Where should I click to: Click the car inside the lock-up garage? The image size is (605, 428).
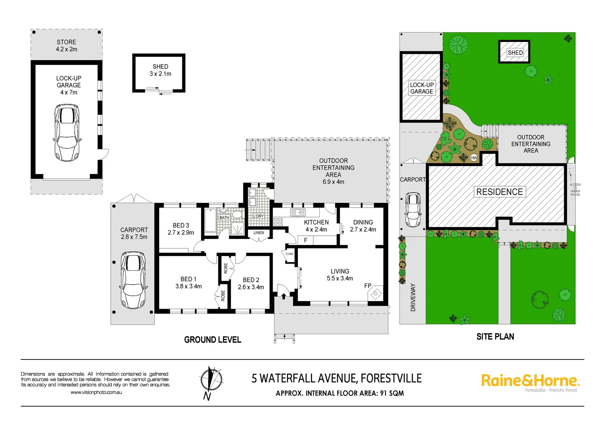[67, 132]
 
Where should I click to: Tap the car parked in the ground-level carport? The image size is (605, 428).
[133, 280]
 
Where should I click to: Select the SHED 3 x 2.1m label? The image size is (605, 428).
[160, 70]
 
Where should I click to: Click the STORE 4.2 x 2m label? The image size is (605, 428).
[66, 46]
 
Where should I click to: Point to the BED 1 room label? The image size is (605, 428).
[188, 283]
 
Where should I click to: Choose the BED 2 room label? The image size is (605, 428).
[251, 283]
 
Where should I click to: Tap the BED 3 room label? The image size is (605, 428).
[181, 229]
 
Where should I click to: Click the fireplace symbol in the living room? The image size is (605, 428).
[375, 294]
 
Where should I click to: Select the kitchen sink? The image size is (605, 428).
[298, 213]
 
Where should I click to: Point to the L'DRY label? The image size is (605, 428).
[258, 216]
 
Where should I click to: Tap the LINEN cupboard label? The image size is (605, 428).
[259, 233]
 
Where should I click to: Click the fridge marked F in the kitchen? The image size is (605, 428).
[305, 240]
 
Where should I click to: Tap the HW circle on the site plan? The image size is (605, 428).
[474, 158]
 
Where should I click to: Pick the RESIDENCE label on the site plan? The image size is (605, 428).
[499, 192]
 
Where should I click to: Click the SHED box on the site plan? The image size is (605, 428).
[514, 52]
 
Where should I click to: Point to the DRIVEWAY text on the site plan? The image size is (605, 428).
[413, 297]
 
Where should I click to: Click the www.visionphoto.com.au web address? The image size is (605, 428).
[96, 392]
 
